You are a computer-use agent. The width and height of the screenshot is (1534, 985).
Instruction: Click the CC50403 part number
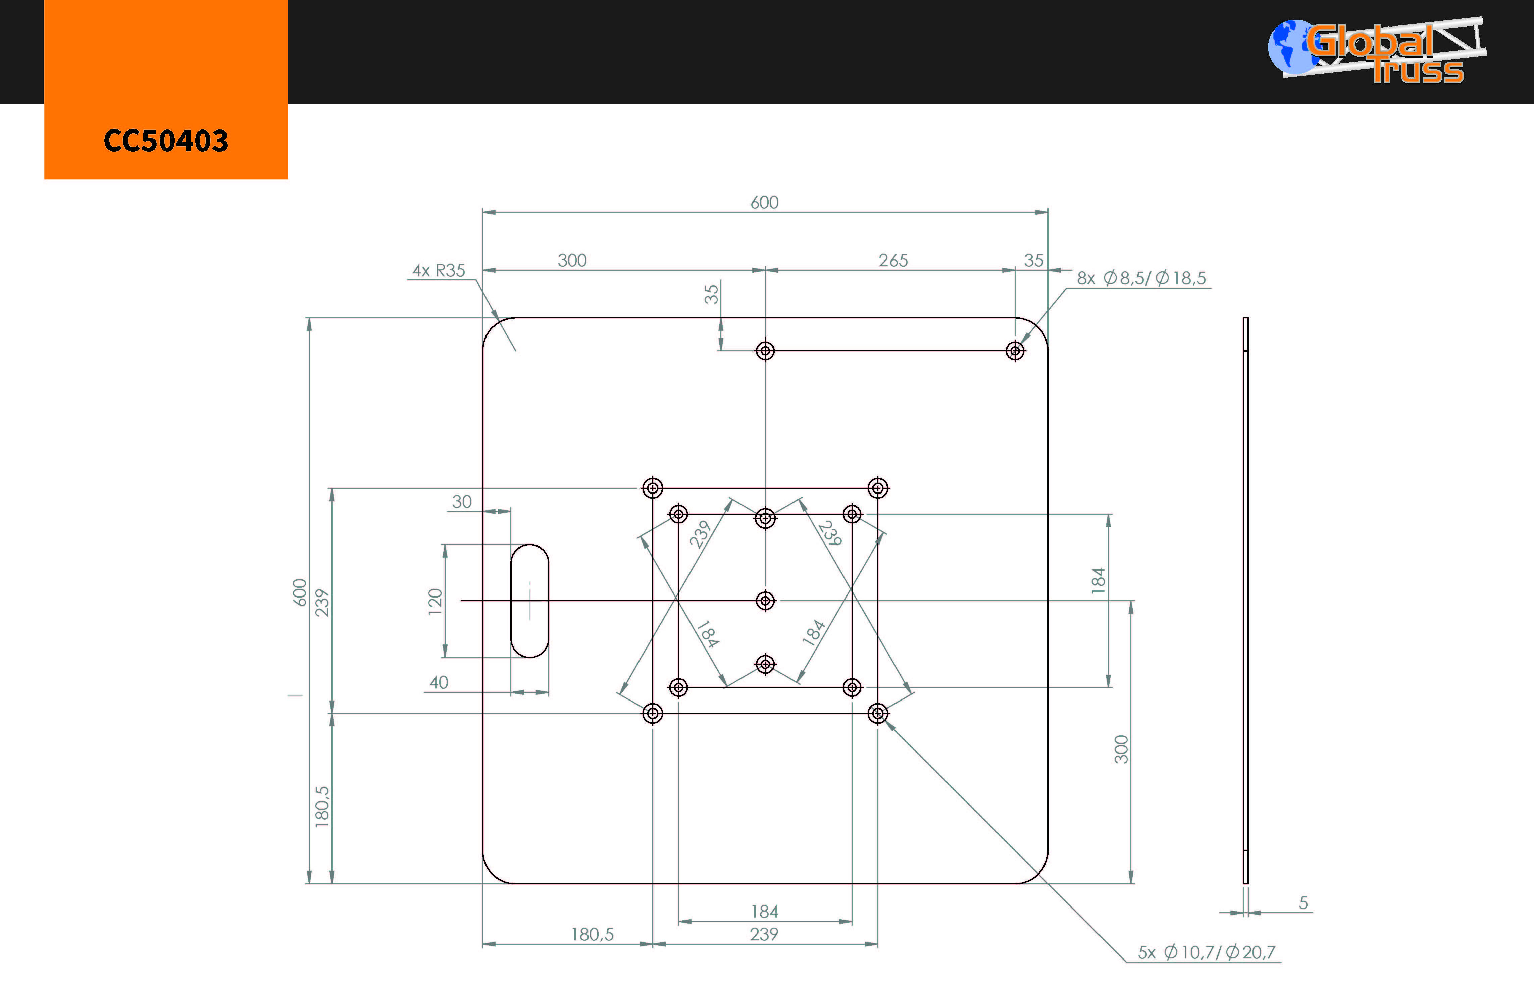[x=166, y=141]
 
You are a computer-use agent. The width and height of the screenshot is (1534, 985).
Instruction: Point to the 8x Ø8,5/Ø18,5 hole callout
[x=1141, y=278]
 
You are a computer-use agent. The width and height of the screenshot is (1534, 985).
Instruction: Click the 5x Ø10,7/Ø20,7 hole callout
[x=1207, y=952]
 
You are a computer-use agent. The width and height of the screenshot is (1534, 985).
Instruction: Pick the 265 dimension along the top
[x=893, y=260]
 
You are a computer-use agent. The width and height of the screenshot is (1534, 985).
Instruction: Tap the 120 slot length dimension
[x=435, y=601]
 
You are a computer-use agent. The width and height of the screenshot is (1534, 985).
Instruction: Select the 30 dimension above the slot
[x=462, y=502]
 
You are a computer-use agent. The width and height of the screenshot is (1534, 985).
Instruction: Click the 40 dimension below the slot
[x=439, y=682]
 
